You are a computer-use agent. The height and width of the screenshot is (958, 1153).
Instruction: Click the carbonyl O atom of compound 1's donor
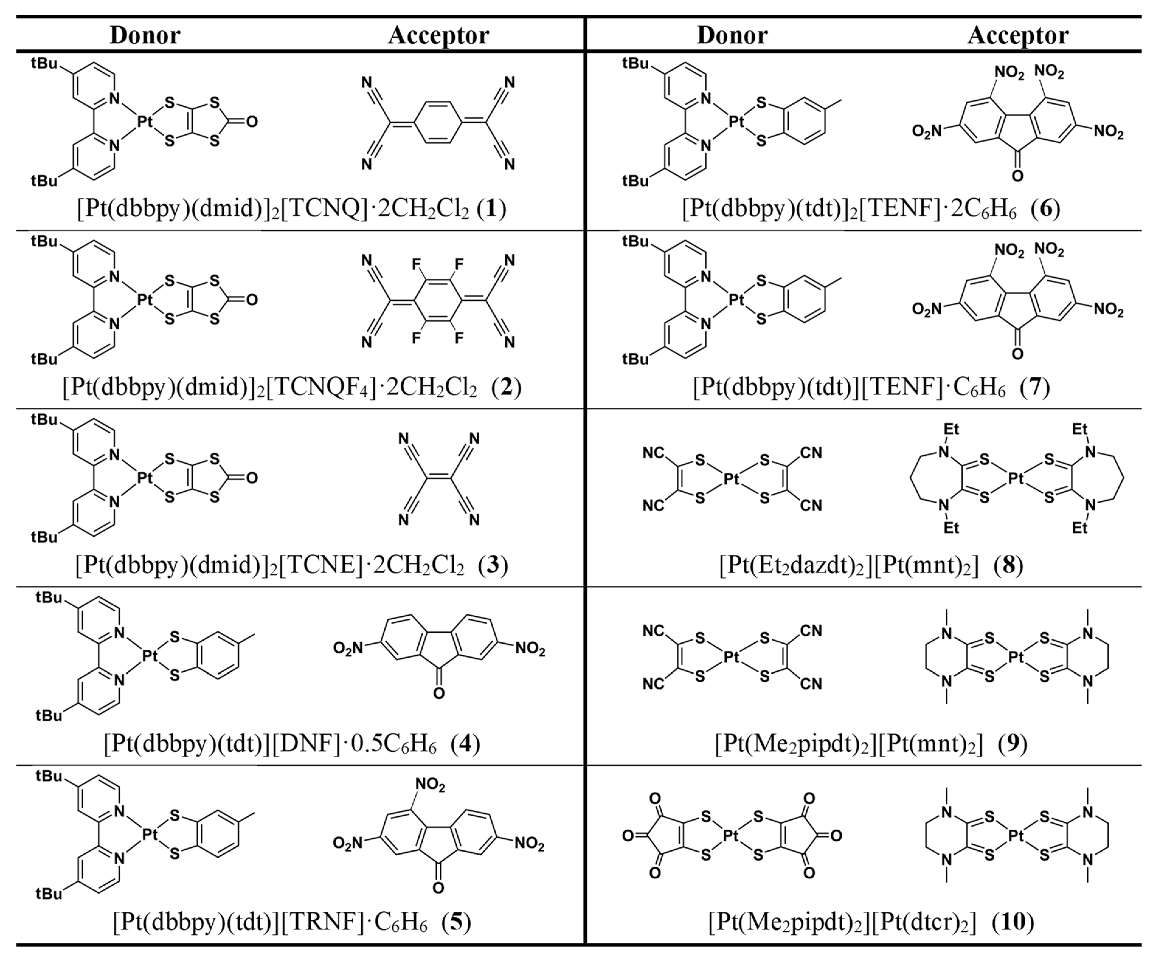(251, 121)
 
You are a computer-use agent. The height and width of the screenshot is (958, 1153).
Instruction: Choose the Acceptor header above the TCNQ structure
(438, 36)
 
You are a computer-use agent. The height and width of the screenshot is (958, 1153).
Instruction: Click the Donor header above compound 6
(732, 36)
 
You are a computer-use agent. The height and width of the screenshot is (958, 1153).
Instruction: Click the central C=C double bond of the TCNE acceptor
(439, 479)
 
